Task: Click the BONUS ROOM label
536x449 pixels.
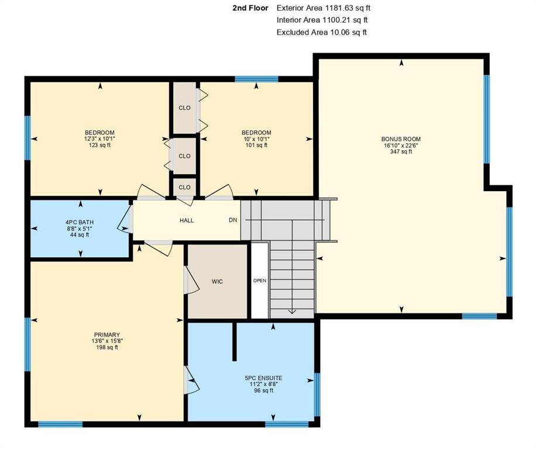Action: pos(401,139)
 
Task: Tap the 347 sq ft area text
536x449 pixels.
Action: pos(401,151)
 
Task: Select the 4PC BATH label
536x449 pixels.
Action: pos(80,222)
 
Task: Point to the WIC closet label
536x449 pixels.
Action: pos(217,282)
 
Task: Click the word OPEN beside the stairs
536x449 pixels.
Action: pos(260,281)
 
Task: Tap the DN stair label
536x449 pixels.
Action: pos(233,220)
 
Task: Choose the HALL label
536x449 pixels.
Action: pos(187,220)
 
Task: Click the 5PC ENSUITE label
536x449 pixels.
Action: pos(263,378)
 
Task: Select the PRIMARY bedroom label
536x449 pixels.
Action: pos(107,335)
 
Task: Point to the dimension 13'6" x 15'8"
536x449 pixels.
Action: pos(107,341)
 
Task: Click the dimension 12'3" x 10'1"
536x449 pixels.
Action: pos(100,139)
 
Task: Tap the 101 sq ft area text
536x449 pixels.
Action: pos(256,145)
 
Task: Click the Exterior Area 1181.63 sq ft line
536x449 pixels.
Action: pos(324,8)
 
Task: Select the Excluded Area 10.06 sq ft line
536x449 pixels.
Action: pos(322,32)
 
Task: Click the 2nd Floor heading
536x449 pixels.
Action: pos(250,8)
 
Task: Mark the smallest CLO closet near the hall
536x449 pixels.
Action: pos(184,188)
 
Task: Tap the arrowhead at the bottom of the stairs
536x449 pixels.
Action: pos(292,311)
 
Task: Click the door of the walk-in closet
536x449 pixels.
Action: pos(191,280)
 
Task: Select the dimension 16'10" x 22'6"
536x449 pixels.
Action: pos(401,145)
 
